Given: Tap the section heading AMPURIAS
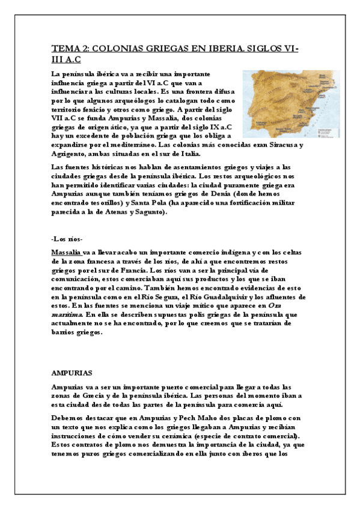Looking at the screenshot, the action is [x=72, y=372].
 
